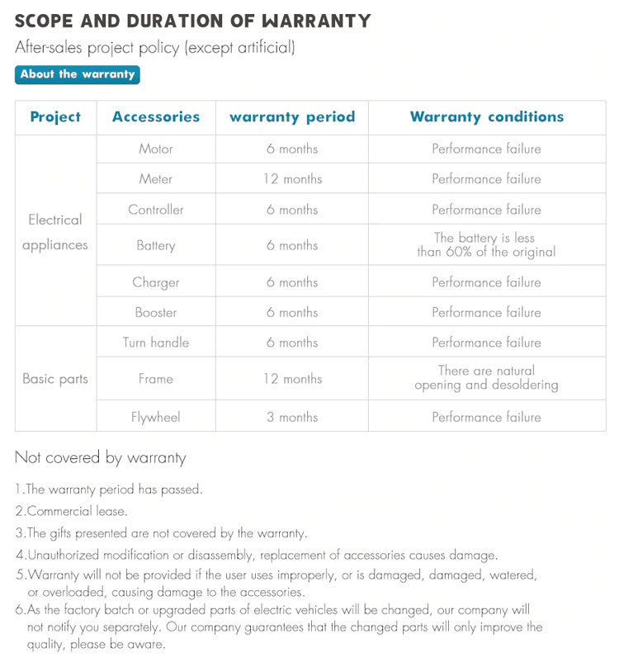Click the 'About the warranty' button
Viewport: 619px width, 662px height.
(x=78, y=74)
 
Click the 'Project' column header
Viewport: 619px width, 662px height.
(x=55, y=117)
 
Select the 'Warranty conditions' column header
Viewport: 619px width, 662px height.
(x=487, y=117)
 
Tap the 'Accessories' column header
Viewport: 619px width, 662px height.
(x=156, y=117)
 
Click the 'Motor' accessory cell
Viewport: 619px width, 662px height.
(x=156, y=149)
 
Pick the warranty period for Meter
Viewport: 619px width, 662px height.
(x=292, y=179)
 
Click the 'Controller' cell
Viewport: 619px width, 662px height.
(x=156, y=210)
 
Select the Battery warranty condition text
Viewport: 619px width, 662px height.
(x=486, y=245)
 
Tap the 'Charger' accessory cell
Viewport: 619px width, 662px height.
(x=156, y=282)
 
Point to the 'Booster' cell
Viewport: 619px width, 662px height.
(x=156, y=313)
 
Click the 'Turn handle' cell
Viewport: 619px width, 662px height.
(x=156, y=343)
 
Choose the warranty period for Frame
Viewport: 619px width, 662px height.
(x=292, y=379)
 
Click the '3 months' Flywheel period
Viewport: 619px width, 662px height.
(x=292, y=418)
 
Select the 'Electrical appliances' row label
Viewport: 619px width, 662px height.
(x=55, y=232)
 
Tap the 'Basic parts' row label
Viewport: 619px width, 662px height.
(x=55, y=379)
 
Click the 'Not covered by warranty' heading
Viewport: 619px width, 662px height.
(x=101, y=457)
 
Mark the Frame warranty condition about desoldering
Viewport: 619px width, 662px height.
(x=486, y=378)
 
